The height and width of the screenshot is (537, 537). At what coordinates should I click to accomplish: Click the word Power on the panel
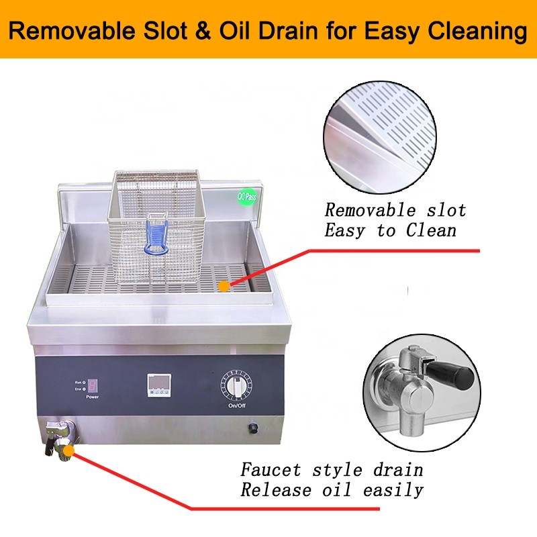click(92, 397)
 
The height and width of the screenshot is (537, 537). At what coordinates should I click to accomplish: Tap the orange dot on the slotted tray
click(224, 285)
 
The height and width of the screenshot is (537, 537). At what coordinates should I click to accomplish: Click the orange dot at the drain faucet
click(68, 448)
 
